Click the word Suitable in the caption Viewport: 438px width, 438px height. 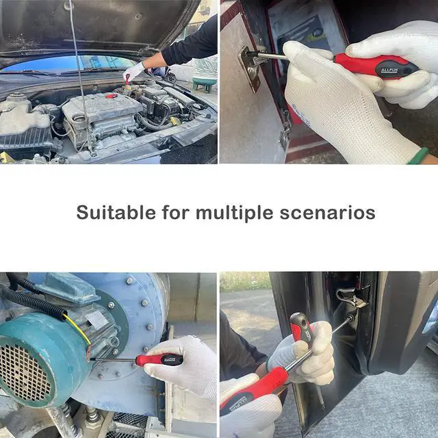(x=116, y=212)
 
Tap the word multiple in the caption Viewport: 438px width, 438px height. (x=234, y=214)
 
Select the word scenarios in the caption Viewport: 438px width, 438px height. (x=327, y=213)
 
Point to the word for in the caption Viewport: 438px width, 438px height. (x=175, y=212)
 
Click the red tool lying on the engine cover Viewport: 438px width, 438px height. (x=112, y=96)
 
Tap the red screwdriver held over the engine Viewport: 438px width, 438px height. (x=127, y=79)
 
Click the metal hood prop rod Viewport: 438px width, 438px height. (x=80, y=78)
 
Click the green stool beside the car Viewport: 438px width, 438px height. (x=204, y=83)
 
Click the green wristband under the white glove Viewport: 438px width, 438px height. (x=418, y=156)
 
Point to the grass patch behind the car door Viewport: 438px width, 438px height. (x=244, y=281)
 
